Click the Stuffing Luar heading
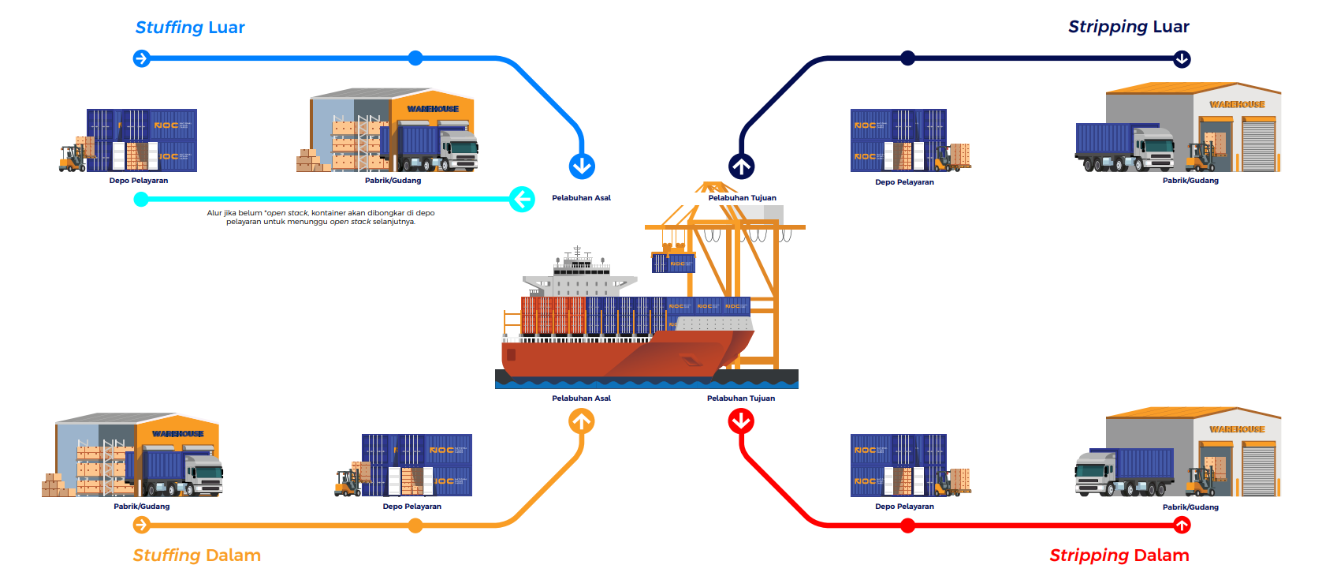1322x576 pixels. [190, 28]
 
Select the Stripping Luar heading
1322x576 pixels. [1128, 27]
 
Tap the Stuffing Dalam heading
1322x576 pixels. [196, 555]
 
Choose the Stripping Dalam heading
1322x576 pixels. [1119, 555]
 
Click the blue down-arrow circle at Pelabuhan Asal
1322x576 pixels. [582, 166]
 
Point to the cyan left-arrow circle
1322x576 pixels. [522, 199]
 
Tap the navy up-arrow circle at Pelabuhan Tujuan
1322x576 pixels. [741, 166]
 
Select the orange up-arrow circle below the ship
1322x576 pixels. [582, 422]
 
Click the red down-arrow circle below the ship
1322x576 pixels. [741, 422]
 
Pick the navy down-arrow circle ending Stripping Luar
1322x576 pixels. [1182, 59]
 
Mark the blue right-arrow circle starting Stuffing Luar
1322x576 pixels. [142, 58]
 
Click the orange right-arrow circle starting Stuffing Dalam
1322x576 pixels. [142, 525]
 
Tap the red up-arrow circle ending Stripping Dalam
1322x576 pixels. [1182, 525]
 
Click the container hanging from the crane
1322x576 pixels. [674, 263]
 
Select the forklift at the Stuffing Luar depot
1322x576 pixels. [73, 158]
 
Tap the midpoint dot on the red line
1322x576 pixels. [908, 526]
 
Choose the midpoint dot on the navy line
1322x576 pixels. [908, 58]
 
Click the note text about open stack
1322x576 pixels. [321, 218]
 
